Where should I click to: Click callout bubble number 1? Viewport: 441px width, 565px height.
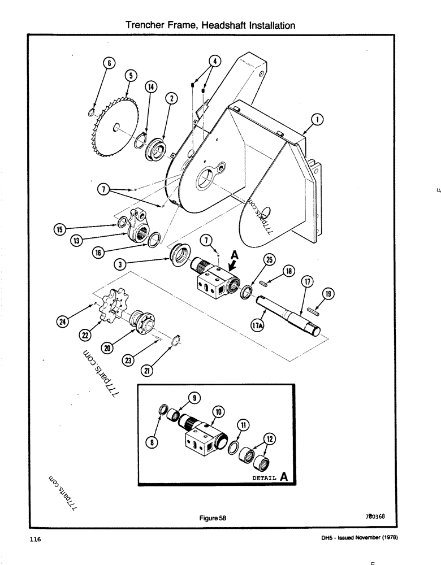coord(318,119)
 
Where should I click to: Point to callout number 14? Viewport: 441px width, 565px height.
coord(150,86)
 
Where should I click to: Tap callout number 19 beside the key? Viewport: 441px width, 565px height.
coord(327,293)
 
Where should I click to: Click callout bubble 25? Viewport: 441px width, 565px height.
coord(270,259)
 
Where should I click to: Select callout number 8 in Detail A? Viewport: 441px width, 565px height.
coord(151,442)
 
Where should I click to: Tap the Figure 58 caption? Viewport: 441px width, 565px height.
coord(212,517)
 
